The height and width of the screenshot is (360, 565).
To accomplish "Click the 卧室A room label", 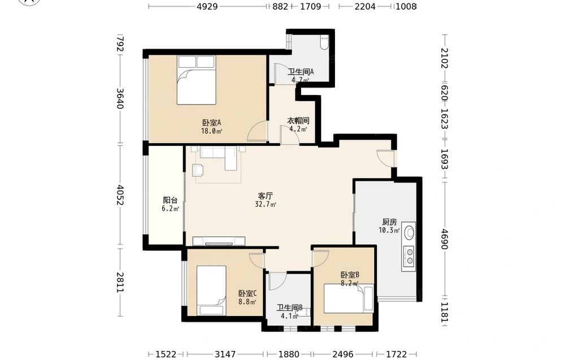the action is click(x=211, y=122).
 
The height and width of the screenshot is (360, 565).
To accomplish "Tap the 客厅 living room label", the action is click(x=265, y=196).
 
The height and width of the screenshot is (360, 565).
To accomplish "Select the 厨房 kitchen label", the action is click(x=389, y=222).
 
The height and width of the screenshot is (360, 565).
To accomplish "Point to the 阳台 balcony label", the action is click(x=170, y=200).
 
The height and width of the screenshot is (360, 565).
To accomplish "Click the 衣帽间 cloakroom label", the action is click(x=298, y=120).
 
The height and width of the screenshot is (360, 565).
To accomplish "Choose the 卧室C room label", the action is click(x=247, y=294).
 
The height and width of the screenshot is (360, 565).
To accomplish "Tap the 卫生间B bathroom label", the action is click(x=289, y=308).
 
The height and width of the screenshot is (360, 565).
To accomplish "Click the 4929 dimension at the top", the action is click(x=207, y=6).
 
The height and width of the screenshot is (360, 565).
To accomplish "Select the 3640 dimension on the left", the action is click(x=120, y=98).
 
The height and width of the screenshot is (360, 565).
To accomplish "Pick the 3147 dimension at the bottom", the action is click(x=225, y=354).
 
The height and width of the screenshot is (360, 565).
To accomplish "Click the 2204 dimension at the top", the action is click(x=365, y=6).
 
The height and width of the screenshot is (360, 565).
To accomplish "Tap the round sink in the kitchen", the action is click(x=409, y=232).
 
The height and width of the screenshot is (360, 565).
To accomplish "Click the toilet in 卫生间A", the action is click(x=324, y=42).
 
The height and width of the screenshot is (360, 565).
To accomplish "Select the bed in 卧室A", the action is click(x=197, y=80).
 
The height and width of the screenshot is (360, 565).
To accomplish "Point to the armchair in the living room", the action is click(x=197, y=170).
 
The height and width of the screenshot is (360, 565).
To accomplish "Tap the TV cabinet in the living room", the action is click(x=219, y=241).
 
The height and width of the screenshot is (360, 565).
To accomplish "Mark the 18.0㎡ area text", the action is click(x=211, y=131).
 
